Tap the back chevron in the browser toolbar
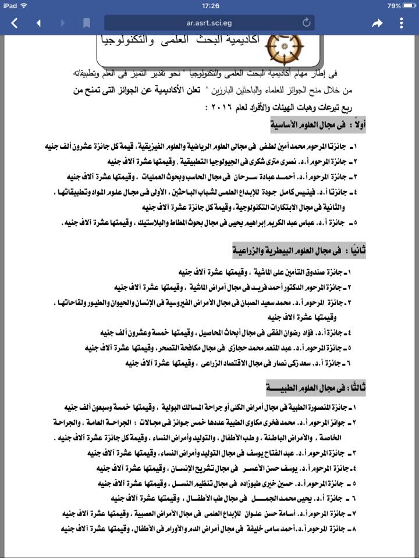click(x=15, y=23)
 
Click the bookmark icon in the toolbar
click(x=87, y=23)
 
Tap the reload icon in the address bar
click(x=307, y=23)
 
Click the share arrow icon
click(x=377, y=23)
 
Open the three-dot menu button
click(x=402, y=23)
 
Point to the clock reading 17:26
click(x=210, y=5)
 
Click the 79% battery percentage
click(x=394, y=5)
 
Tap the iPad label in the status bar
click(x=12, y=5)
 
